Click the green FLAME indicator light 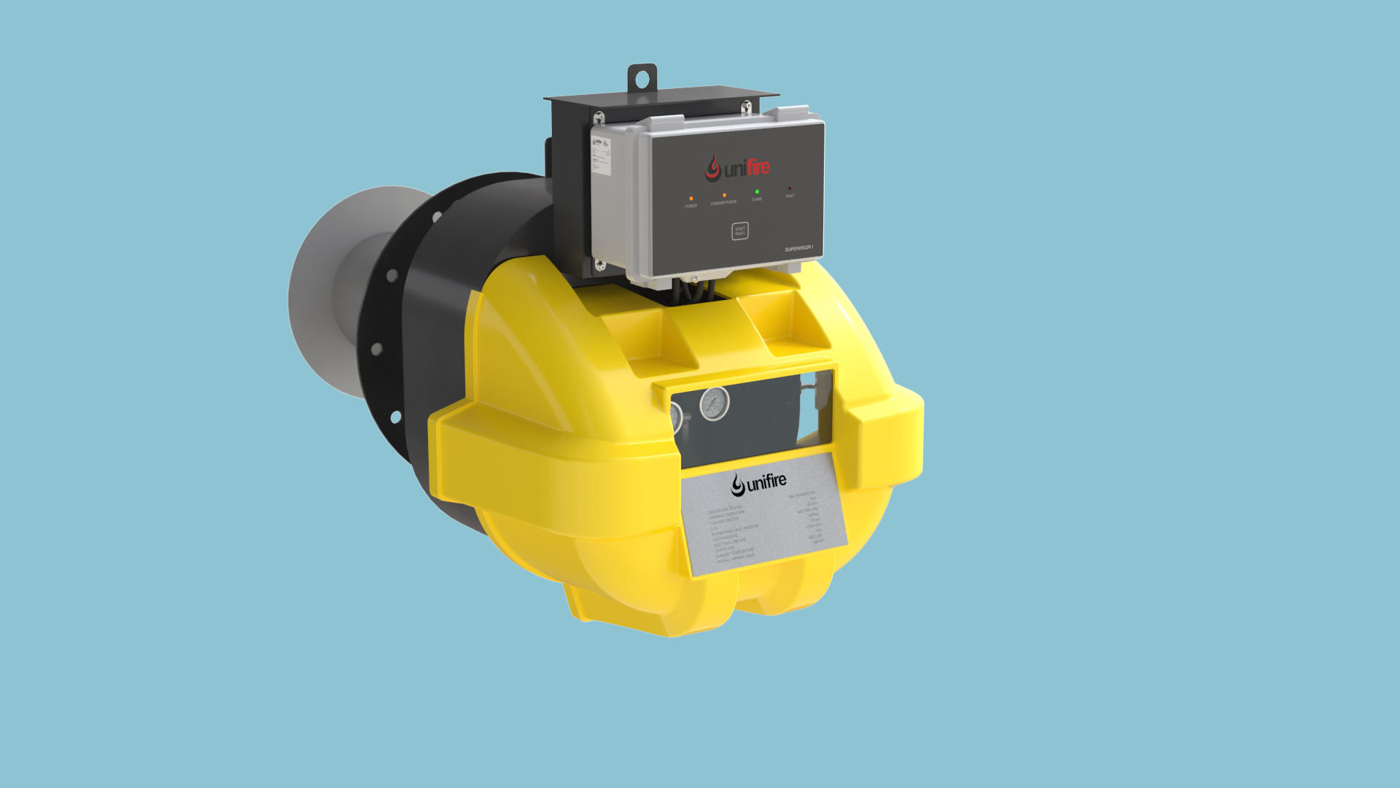coord(757,192)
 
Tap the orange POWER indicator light coord(691,198)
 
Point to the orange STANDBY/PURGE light coord(724,196)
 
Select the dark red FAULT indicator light coord(790,189)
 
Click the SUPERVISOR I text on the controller coord(798,249)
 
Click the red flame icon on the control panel coord(712,169)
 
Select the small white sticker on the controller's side coord(600,155)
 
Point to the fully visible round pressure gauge coord(715,403)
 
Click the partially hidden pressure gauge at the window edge coord(676,418)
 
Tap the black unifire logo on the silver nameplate coord(759,483)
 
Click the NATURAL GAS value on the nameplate coord(808,510)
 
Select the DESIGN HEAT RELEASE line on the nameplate coord(725,509)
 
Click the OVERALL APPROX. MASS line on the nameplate coord(736,559)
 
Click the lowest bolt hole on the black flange coord(396,417)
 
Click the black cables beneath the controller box coord(693,291)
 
